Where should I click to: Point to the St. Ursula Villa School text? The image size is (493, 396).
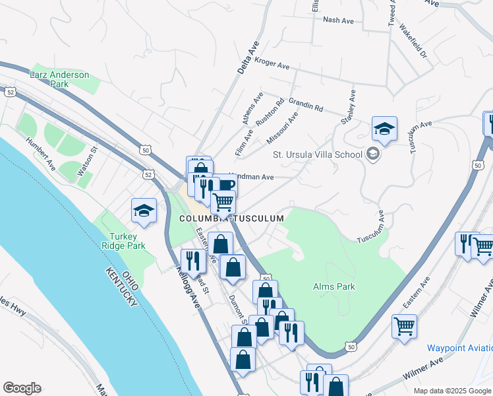(x=318, y=154)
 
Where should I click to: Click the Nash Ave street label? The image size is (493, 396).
(x=338, y=20)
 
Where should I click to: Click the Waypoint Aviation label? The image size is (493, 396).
(x=459, y=348)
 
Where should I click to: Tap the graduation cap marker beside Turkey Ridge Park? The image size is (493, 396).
(x=144, y=211)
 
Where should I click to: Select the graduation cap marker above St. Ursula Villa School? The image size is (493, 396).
(x=384, y=128)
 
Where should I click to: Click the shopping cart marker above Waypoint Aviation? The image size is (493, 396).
(x=404, y=326)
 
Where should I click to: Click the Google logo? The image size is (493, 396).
(x=22, y=388)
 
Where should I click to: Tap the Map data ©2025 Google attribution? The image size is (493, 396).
(x=451, y=391)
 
